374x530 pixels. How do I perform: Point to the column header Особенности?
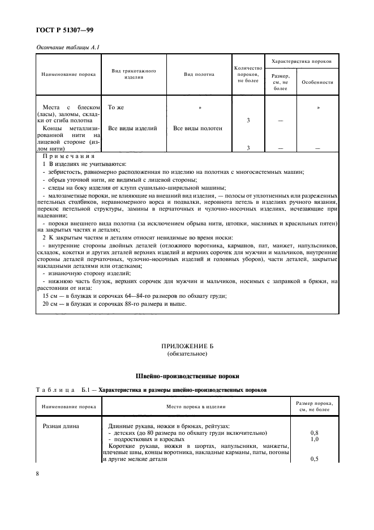coord(317,82)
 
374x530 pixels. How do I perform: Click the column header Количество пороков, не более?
coord(247,74)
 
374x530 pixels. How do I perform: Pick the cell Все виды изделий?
coord(132,128)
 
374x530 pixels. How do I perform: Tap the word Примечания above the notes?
coord(68,156)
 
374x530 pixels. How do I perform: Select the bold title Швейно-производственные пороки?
coord(187,375)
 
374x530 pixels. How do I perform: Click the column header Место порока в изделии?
coord(196,407)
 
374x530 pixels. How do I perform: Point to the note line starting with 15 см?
coord(135,296)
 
